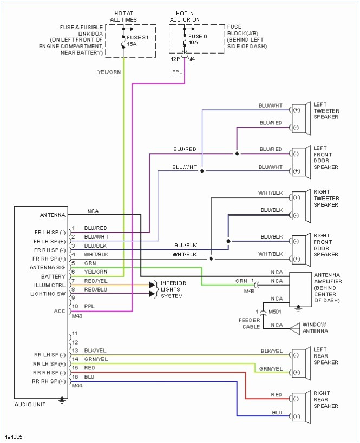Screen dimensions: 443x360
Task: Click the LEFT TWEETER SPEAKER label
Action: pos(326,110)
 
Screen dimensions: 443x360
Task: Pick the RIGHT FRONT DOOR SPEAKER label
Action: pos(326,245)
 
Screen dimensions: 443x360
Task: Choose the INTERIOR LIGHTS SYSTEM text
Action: pos(173,289)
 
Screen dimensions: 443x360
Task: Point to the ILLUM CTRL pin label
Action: pos(50,285)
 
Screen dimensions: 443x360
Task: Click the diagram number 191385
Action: pos(14,436)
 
